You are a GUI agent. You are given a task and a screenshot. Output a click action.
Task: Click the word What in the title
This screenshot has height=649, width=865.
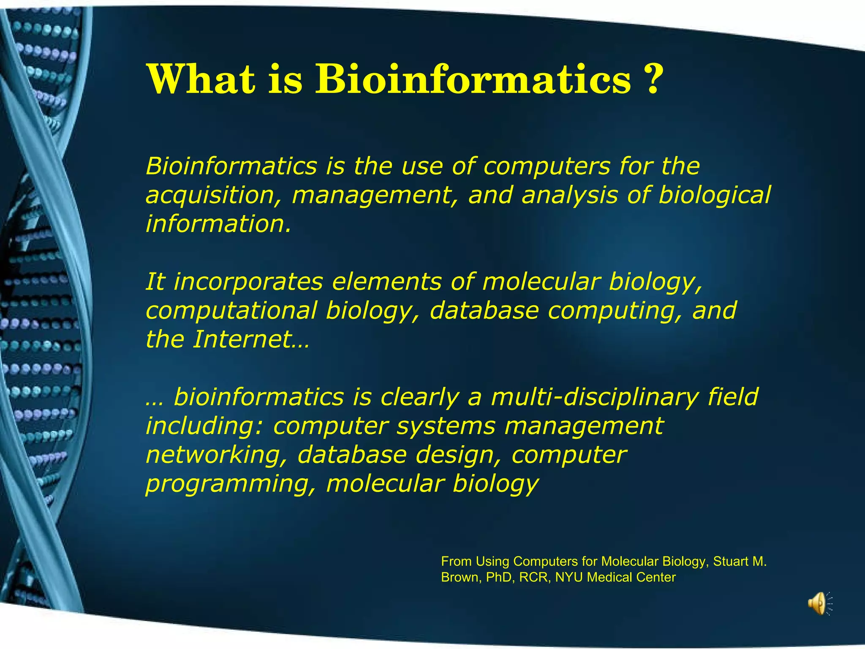coord(201,79)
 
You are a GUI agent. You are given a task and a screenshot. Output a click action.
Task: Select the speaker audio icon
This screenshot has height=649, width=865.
coord(818,603)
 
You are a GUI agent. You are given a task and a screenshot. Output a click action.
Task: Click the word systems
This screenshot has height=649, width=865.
coord(446,426)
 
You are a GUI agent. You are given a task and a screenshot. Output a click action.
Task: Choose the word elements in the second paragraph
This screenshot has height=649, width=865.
coord(386,283)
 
